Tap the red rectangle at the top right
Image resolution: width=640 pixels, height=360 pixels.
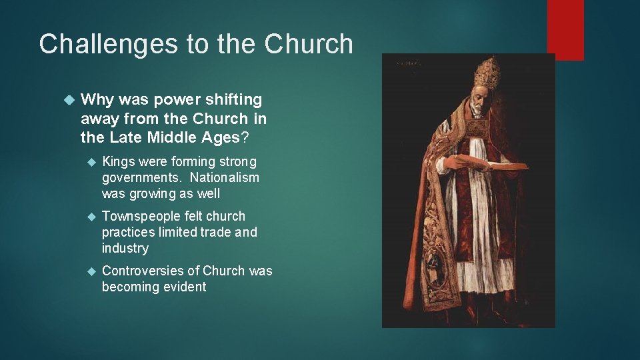(x=565, y=29)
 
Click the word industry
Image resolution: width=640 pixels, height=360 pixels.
(x=125, y=248)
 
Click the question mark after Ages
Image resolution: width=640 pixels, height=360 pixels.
(x=245, y=138)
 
